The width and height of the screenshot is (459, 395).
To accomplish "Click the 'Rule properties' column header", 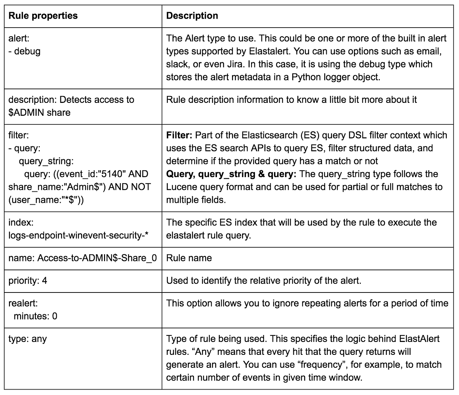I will (x=43, y=16).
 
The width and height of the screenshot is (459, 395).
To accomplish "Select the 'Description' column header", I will (x=192, y=16).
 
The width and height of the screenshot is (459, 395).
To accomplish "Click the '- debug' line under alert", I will (x=24, y=51).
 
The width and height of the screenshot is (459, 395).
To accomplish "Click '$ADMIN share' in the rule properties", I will (x=39, y=113).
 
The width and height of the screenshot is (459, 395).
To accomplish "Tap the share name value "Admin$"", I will (x=82, y=187).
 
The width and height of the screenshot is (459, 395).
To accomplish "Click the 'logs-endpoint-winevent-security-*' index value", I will (x=79, y=235).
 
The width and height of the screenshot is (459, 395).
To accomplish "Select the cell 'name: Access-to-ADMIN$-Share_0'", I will (x=82, y=258).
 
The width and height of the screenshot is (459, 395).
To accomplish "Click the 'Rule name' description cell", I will (x=189, y=258).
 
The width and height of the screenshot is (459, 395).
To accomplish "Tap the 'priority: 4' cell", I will (x=28, y=280).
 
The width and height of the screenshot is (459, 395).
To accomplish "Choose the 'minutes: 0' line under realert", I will (x=35, y=316).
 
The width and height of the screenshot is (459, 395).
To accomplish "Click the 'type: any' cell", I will (x=28, y=339).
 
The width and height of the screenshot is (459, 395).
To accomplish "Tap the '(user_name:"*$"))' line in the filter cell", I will (x=46, y=200).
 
